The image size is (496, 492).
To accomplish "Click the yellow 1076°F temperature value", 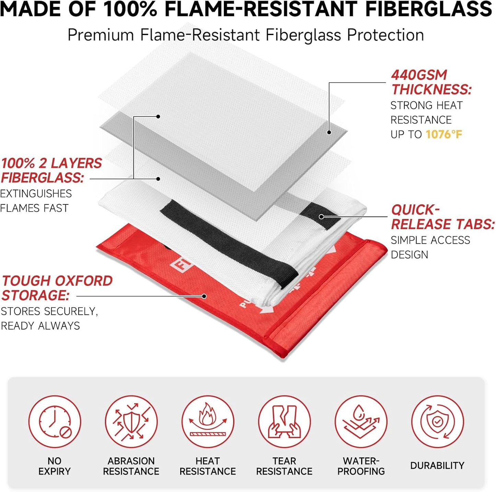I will tap(443, 134).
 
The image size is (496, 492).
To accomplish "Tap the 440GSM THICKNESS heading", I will tap(431, 82).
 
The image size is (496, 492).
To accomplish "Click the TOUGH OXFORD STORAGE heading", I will tap(57, 288).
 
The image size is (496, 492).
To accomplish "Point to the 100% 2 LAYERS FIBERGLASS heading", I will tap(51, 170).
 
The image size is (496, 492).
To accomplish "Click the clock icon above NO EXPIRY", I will tap(55, 422).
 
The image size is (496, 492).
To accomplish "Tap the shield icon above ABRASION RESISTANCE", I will tap(131, 422).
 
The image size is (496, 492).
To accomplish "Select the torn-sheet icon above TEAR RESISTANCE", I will tap(284, 422).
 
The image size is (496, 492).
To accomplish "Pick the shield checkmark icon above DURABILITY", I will tap(437, 422).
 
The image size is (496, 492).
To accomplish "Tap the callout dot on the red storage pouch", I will tap(204, 296).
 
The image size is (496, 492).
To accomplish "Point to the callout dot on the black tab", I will tap(321, 216).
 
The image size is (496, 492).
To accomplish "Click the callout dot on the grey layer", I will tap(329, 132).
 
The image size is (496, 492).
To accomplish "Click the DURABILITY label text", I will tap(437, 466).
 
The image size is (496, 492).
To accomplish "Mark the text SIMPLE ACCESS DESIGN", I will tap(430, 247).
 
